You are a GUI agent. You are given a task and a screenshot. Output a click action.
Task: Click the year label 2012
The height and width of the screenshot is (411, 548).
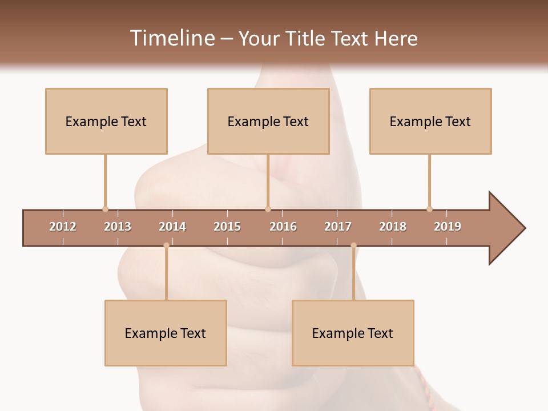pos(63,227)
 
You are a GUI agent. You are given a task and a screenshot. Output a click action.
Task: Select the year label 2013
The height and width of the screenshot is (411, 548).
pos(118,227)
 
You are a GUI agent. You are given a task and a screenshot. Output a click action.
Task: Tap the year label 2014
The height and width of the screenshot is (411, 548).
pos(172,227)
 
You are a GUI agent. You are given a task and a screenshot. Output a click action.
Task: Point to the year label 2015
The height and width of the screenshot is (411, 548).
pos(227,227)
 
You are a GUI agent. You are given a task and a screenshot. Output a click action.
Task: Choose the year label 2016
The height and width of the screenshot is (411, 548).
pos(283,227)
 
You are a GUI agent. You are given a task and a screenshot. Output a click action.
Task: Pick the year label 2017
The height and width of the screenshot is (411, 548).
pos(338,227)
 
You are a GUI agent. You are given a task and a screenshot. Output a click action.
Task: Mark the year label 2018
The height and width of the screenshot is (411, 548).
pos(393,227)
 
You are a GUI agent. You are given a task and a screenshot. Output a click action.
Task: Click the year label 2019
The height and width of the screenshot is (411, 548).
pos(448,227)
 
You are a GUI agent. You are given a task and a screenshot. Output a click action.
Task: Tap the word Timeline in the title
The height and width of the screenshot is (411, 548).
pos(172,38)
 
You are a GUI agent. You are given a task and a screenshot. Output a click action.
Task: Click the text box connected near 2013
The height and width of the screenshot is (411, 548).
pos(106,121)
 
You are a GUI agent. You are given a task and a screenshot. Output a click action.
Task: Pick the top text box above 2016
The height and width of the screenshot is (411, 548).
pos(268,121)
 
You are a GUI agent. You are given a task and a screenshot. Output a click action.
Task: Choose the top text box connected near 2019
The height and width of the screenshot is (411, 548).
pos(430,121)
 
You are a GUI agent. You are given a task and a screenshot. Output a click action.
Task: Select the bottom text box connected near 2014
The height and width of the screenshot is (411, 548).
pos(166,333)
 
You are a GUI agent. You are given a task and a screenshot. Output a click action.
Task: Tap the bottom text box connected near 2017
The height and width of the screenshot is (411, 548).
pos(353,333)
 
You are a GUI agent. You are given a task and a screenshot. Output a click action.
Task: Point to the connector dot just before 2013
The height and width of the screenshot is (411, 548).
pos(105,209)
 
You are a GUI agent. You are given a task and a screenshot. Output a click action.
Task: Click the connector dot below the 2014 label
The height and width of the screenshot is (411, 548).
pos(166,245)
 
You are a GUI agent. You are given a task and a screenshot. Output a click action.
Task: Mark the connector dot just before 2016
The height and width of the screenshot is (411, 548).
pos(268,209)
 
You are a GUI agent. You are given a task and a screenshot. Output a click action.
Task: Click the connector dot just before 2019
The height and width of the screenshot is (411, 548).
pos(429,209)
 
